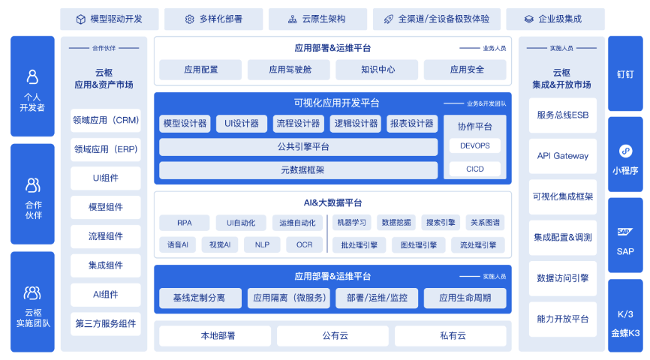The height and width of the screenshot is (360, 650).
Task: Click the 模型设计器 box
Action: pyautogui.click(x=185, y=124)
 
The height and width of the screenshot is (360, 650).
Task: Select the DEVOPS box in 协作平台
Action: pyautogui.click(x=474, y=145)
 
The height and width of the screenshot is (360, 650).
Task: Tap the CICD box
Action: pyautogui.click(x=474, y=169)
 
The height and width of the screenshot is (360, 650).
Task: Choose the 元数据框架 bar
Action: pyautogui.click(x=298, y=170)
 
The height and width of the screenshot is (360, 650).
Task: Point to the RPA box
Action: pyautogui.click(x=184, y=223)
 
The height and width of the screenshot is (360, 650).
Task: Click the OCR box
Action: pyautogui.click(x=304, y=244)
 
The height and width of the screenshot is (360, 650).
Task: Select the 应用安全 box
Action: pyautogui.click(x=467, y=70)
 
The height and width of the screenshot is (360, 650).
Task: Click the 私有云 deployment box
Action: pyautogui.click(x=453, y=335)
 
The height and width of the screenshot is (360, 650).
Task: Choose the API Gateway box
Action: pyautogui.click(x=563, y=156)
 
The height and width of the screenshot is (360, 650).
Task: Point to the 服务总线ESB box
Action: pyautogui.click(x=563, y=115)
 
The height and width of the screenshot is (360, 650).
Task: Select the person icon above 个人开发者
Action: pyautogui.click(x=32, y=76)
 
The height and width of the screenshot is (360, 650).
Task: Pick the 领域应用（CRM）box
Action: pyautogui.click(x=106, y=120)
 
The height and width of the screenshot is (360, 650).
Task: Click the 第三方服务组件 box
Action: pyautogui.click(x=106, y=324)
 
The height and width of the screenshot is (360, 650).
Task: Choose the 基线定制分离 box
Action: pyautogui.click(x=200, y=298)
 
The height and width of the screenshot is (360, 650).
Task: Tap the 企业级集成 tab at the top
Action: pyautogui.click(x=554, y=19)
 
